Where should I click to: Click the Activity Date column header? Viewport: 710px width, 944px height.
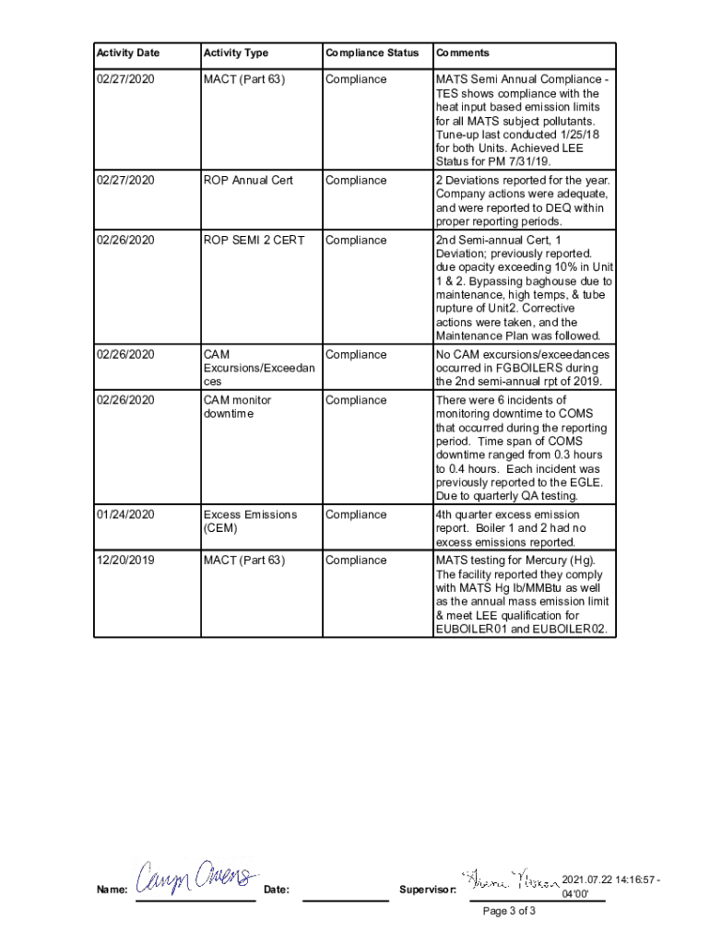[128, 53]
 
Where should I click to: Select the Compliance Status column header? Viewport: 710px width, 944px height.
[372, 53]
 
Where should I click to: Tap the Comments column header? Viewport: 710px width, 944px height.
[463, 53]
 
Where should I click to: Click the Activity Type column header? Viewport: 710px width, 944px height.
[236, 53]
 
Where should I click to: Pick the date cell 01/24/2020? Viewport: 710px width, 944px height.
[124, 514]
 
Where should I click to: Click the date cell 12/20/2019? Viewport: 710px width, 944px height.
[124, 560]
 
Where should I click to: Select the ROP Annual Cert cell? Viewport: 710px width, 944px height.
[248, 181]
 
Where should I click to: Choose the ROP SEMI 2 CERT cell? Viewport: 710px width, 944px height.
[254, 241]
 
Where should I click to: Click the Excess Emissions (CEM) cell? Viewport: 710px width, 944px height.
[250, 521]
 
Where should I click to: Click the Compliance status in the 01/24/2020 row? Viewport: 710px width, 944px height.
[356, 514]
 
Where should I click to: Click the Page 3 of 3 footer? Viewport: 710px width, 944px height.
[509, 911]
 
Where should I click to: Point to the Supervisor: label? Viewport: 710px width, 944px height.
[428, 890]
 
